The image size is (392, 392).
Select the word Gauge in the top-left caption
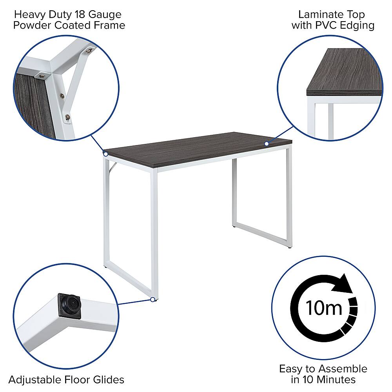pos(105,15)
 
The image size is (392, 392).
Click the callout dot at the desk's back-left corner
pos(106,154)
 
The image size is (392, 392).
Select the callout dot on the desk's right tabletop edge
pos(267,144)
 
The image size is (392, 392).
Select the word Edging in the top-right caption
pos(359,26)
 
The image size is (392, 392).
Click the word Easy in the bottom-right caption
pos(290,369)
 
